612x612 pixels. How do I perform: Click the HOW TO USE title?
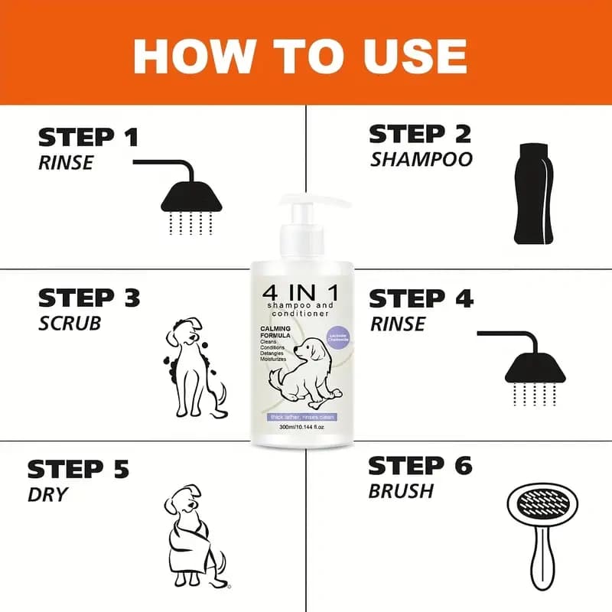pos(300,54)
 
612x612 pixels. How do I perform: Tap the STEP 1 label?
pos(88,138)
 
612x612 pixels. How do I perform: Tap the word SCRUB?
pos(70,324)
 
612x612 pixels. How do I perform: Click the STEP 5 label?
pos(78,468)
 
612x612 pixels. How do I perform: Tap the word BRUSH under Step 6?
pos(401,490)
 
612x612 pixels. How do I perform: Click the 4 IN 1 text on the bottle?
pos(299,294)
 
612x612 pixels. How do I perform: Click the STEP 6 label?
pos(420,465)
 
